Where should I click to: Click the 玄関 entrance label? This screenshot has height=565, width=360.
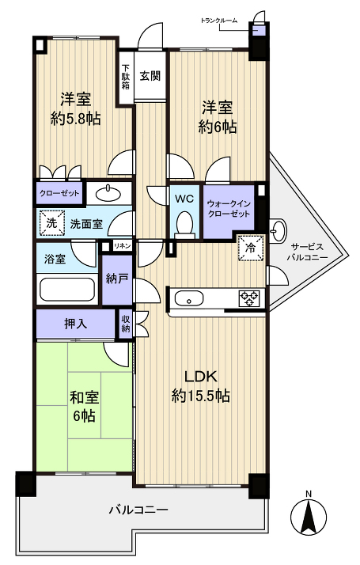[150, 76]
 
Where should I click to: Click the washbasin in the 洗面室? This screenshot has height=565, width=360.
[107, 193]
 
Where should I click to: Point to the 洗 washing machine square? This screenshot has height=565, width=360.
[51, 223]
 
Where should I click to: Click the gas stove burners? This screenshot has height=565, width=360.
[250, 298]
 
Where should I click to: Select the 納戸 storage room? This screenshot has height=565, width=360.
[116, 279]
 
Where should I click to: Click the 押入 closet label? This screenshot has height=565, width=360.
[75, 323]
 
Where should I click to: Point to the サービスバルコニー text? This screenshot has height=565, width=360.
[307, 252]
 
